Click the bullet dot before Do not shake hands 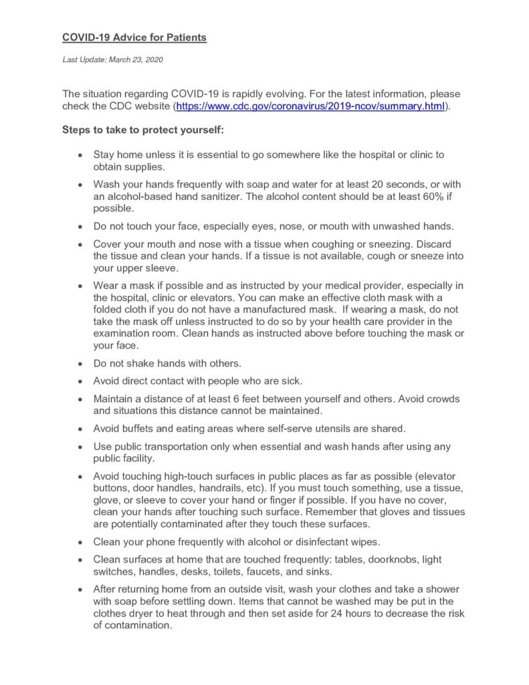tap(80, 365)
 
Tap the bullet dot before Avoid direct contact tap(80, 382)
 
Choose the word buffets tap(141, 428)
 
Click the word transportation tap(184, 446)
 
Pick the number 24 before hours tap(361, 614)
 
